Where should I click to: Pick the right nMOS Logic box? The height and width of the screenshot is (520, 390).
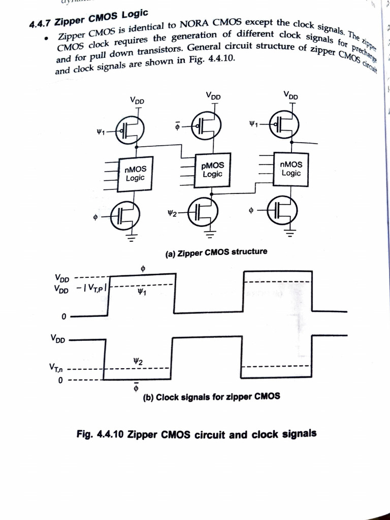(x=291, y=169)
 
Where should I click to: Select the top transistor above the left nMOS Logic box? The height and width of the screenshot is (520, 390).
(x=131, y=131)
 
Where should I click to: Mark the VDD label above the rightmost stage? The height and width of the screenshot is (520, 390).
(x=291, y=95)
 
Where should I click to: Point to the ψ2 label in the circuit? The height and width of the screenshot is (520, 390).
(x=172, y=212)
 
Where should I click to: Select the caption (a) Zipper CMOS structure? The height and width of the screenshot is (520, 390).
(x=216, y=252)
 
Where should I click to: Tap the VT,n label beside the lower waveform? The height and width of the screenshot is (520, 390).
(x=57, y=367)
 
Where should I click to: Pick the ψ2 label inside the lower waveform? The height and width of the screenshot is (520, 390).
(x=137, y=361)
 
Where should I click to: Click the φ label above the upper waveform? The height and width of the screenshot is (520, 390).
(x=143, y=268)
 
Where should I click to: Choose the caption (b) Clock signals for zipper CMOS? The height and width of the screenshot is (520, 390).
(x=211, y=397)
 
